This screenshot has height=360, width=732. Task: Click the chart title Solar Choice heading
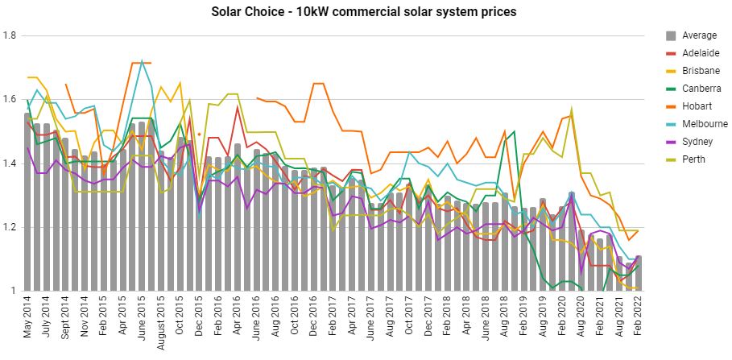point(363,12)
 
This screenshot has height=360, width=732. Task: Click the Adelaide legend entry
point(699,53)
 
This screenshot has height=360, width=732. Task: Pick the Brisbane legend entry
point(698,71)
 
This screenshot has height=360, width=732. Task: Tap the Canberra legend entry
point(700,89)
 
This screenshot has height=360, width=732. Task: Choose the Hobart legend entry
point(695,106)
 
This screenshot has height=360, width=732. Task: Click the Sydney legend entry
point(696,142)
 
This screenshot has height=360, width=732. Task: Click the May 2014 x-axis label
point(28,321)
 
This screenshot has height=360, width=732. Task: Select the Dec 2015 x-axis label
point(200,321)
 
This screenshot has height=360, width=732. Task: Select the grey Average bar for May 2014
point(28,201)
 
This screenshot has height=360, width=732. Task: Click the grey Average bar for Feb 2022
point(639,274)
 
